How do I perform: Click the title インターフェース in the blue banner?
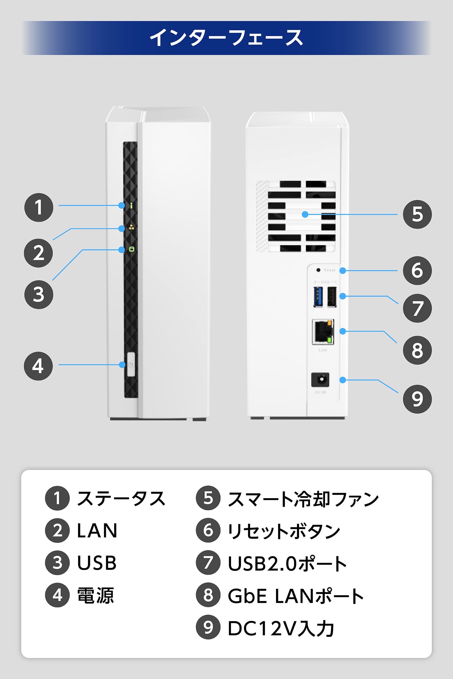click(x=226, y=38)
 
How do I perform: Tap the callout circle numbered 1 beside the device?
click(x=39, y=207)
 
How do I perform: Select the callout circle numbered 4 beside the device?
click(x=39, y=366)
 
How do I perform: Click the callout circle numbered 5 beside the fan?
click(x=417, y=214)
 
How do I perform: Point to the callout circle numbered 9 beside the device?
click(x=417, y=399)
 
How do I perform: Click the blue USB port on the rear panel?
click(x=318, y=297)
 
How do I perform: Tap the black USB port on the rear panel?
click(x=332, y=297)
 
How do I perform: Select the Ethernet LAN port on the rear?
click(x=323, y=332)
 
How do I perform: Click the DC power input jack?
click(x=320, y=379)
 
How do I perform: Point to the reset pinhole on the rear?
click(x=318, y=270)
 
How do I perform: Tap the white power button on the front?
click(x=131, y=364)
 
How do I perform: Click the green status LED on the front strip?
click(x=131, y=205)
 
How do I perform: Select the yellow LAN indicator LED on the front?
click(x=131, y=227)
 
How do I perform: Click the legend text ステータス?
click(x=121, y=498)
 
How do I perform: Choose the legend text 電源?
click(x=95, y=595)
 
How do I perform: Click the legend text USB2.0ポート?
click(x=287, y=563)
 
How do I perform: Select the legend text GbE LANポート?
click(x=296, y=596)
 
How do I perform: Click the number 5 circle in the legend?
click(x=208, y=498)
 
